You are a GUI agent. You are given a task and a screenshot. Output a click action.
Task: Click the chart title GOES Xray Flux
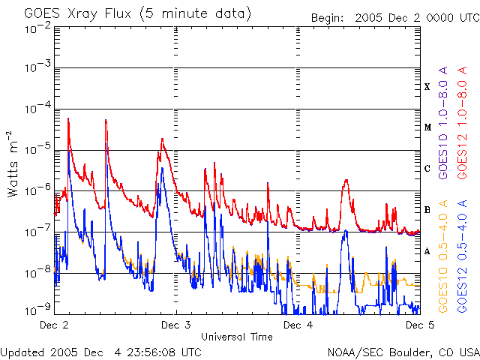pyautogui.click(x=137, y=14)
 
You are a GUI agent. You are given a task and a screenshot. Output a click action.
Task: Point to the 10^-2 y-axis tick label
pyautogui.click(x=37, y=28)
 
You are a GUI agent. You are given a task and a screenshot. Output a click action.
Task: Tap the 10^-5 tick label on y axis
pyautogui.click(x=37, y=149)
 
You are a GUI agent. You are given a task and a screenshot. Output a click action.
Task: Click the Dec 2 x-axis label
pyautogui.click(x=54, y=325)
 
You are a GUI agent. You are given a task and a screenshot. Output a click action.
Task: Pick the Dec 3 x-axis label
pyautogui.click(x=175, y=325)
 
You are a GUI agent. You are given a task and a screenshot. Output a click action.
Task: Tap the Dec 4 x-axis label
pyautogui.click(x=298, y=325)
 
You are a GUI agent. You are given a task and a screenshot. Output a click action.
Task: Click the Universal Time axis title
pyautogui.click(x=236, y=337)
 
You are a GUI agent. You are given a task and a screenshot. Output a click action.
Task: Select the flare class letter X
pyautogui.click(x=427, y=87)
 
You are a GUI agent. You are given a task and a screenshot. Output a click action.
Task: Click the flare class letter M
pyautogui.click(x=427, y=127)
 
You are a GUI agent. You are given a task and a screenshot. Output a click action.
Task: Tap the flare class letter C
pyautogui.click(x=427, y=169)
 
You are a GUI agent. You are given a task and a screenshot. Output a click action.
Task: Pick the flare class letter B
pyautogui.click(x=427, y=210)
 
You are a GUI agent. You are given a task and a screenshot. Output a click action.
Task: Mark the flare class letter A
pyautogui.click(x=427, y=251)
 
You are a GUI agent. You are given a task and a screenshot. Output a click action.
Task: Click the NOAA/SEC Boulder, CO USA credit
pyautogui.click(x=403, y=351)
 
